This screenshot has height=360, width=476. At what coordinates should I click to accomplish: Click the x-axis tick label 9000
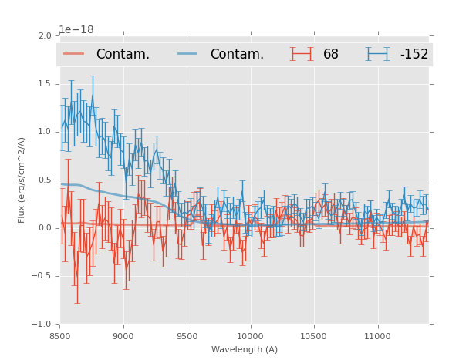[123, 336]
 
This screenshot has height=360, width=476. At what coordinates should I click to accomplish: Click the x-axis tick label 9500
[187, 336]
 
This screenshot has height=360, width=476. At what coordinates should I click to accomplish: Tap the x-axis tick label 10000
[250, 336]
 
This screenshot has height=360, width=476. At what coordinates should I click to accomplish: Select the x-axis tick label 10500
[313, 336]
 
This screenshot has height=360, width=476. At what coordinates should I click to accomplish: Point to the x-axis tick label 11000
[377, 336]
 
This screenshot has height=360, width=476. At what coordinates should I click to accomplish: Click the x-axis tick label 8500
[60, 336]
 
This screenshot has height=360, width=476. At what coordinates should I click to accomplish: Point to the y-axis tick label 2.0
[45, 36]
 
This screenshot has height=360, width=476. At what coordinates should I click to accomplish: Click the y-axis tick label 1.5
[45, 84]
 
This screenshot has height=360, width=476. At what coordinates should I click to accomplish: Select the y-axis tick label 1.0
[45, 132]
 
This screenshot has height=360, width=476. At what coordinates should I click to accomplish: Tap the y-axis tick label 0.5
[45, 180]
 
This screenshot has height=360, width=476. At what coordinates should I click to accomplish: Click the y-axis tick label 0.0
[45, 228]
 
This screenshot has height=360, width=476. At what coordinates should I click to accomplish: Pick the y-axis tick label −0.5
[42, 276]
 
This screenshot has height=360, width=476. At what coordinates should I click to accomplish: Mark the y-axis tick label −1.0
[42, 325]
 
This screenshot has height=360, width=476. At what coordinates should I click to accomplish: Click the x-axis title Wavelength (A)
[245, 349]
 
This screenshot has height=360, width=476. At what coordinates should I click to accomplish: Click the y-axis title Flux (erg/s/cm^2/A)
[22, 180]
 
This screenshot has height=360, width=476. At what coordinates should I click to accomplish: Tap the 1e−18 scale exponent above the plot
[76, 29]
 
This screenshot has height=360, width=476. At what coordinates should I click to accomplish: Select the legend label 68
[331, 55]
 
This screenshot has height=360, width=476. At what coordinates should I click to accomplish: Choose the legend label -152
[414, 55]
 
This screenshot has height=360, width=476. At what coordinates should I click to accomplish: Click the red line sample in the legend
[74, 54]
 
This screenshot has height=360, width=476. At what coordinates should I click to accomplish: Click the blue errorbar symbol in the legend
[378, 54]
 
